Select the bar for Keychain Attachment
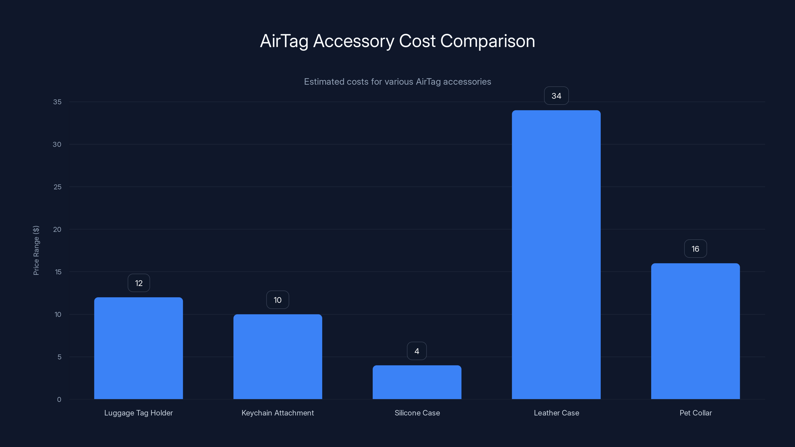(x=278, y=357)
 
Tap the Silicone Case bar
(x=417, y=382)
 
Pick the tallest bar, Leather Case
(x=556, y=255)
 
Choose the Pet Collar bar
(x=695, y=331)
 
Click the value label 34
(x=556, y=96)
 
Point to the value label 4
(x=417, y=351)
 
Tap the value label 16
(x=695, y=249)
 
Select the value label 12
(x=139, y=283)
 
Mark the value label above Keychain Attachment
(x=278, y=300)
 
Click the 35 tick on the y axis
(x=57, y=102)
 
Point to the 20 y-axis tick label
(x=57, y=229)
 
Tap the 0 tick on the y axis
(x=59, y=400)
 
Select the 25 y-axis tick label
(x=57, y=187)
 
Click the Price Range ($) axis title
(x=36, y=250)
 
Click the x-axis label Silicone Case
(x=417, y=413)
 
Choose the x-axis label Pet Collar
(x=695, y=413)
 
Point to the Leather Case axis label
(x=556, y=413)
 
